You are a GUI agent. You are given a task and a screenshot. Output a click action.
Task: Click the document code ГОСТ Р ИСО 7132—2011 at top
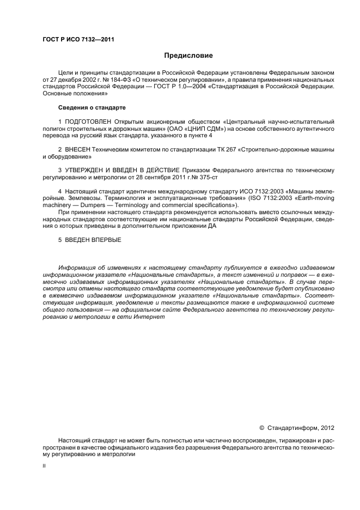click(x=78, y=39)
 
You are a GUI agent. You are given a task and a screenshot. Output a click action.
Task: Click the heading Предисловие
click(x=188, y=55)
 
